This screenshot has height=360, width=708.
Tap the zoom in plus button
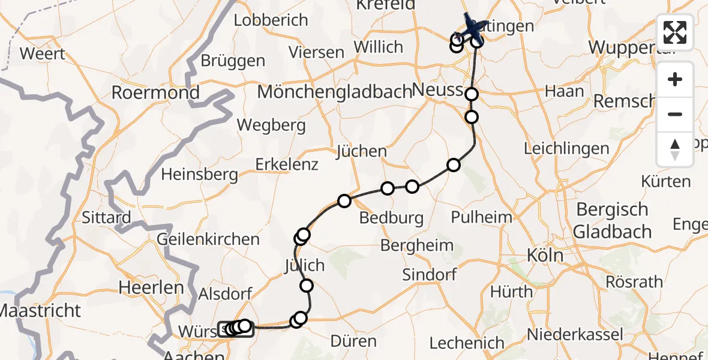click(x=675, y=79)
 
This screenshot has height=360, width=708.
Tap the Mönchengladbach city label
click(x=334, y=92)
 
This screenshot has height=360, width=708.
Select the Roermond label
click(x=155, y=93)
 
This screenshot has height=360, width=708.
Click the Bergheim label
click(x=417, y=245)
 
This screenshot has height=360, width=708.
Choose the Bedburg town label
click(x=392, y=217)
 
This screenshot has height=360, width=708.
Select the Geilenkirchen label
click(x=208, y=239)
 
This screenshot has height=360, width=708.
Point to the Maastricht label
click(x=40, y=311)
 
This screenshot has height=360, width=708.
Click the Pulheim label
click(x=482, y=217)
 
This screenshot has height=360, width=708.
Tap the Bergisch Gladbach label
click(x=613, y=220)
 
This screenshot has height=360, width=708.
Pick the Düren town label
click(x=354, y=341)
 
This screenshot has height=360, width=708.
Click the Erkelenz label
click(x=287, y=164)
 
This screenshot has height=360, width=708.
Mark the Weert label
click(x=43, y=53)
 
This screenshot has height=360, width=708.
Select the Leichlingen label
click(x=566, y=148)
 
